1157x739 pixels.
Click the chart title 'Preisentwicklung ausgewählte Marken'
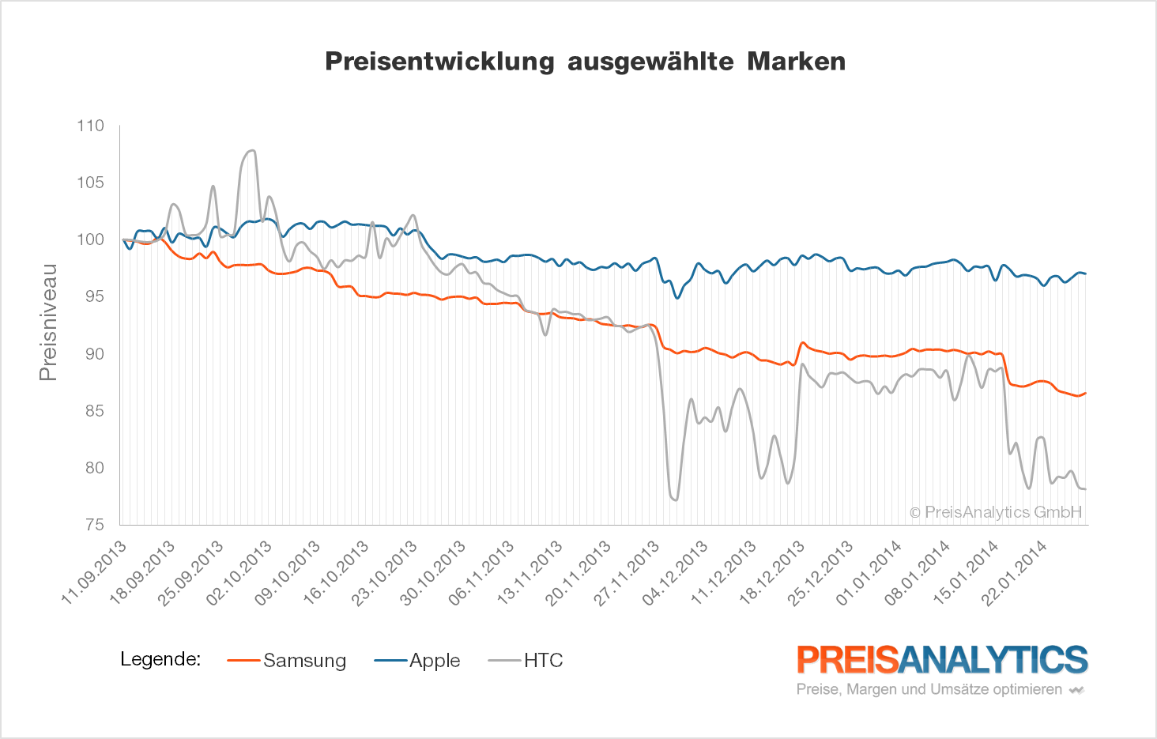click(x=585, y=62)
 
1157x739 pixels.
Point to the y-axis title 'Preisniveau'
click(x=48, y=322)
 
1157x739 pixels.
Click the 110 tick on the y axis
click(x=90, y=126)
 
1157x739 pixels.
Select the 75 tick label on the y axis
click(x=94, y=525)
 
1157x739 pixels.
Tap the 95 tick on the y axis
click(x=94, y=296)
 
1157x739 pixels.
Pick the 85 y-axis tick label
click(x=94, y=411)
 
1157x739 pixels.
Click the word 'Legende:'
click(x=160, y=659)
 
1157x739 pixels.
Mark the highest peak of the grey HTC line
click(x=252, y=150)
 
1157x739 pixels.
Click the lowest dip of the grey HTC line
click(x=675, y=500)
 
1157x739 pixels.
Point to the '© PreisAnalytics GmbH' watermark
click(x=995, y=512)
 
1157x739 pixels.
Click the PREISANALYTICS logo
click(x=942, y=660)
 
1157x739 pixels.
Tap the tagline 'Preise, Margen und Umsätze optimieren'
click(x=929, y=689)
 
